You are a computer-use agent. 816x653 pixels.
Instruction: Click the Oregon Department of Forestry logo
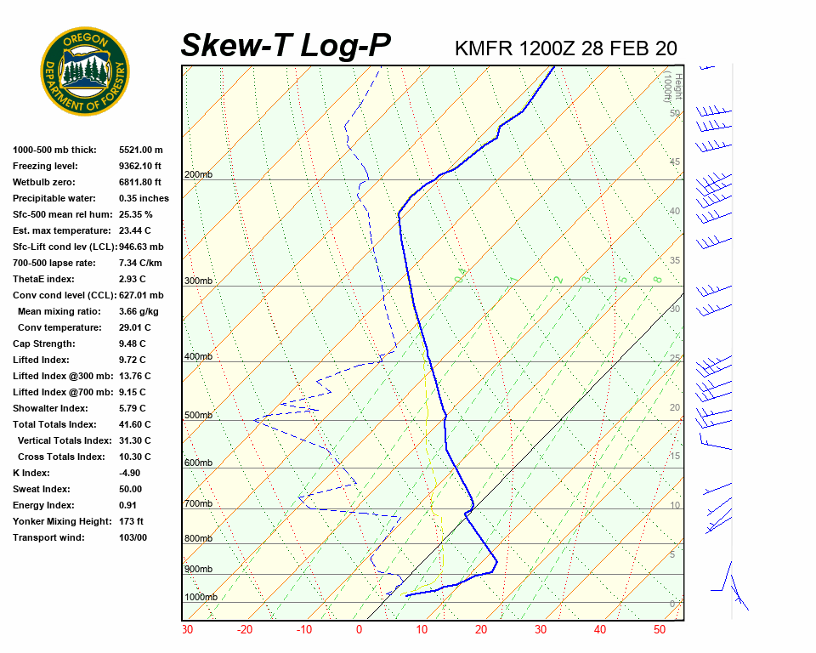point(85,71)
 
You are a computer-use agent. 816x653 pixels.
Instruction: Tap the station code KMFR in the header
point(484,48)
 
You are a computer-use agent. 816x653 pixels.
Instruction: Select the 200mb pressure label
point(198,175)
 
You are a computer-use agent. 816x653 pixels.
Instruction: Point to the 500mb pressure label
point(198,416)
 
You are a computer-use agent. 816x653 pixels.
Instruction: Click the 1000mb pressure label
point(201,597)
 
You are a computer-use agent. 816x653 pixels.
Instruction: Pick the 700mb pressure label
point(198,504)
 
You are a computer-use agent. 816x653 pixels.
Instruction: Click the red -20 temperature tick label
point(245,630)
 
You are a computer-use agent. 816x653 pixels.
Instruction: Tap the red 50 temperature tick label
point(660,630)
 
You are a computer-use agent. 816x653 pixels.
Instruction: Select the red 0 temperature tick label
point(359,630)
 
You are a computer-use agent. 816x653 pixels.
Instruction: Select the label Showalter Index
point(49,408)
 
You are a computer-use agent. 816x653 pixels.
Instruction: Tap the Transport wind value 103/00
point(133,537)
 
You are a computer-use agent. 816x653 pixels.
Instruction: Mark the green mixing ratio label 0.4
point(460,276)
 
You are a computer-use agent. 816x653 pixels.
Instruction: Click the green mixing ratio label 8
point(657,279)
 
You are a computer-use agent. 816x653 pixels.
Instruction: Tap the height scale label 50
point(674,113)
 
